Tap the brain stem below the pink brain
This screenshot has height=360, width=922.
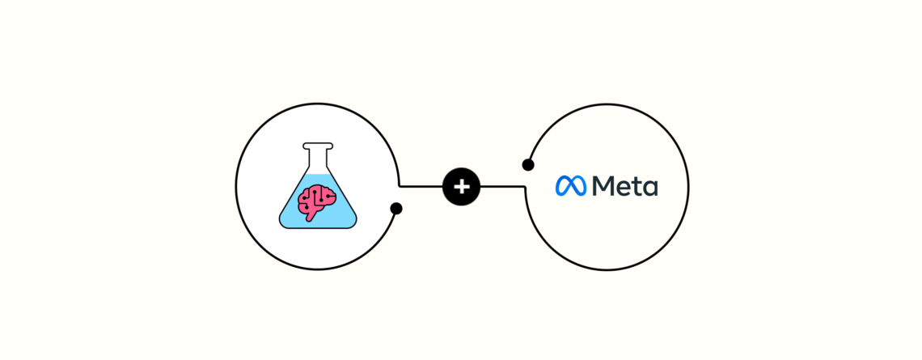(310, 217)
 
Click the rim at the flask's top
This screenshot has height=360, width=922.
(318, 146)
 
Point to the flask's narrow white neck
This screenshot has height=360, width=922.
(318, 158)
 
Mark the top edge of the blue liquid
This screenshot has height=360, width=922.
(318, 174)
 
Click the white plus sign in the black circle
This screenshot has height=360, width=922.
(462, 187)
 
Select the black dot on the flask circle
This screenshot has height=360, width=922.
(396, 208)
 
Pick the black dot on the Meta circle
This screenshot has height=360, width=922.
(528, 165)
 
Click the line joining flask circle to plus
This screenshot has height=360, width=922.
(421, 186)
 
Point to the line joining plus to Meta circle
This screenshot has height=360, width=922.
(503, 186)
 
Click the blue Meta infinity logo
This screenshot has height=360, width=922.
(571, 186)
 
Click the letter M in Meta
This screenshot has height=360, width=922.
(604, 186)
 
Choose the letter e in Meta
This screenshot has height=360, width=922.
(625, 188)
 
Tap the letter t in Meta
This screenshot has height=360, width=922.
(638, 187)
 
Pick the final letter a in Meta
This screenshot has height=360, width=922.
(651, 188)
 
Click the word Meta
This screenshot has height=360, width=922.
(625, 186)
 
